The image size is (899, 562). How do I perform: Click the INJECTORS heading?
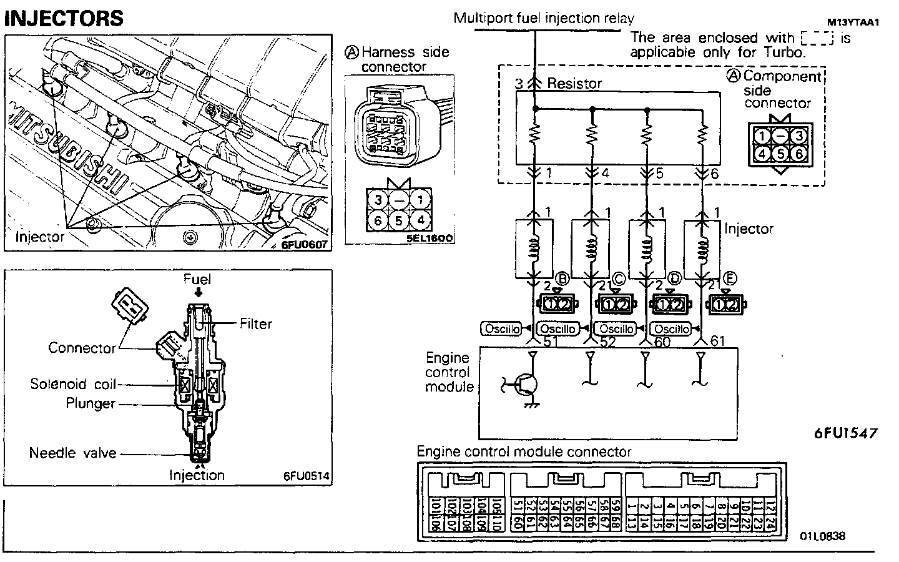[64, 18]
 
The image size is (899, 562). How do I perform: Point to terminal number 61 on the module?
[719, 341]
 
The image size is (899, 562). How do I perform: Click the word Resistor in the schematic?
[574, 83]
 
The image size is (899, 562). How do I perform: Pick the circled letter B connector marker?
[561, 278]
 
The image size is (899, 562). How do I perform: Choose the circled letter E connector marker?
[730, 278]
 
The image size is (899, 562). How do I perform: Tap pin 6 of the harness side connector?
[378, 220]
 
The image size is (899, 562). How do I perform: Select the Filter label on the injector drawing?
[256, 323]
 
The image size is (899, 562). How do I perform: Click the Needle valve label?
[73, 453]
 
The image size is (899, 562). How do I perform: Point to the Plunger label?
[91, 403]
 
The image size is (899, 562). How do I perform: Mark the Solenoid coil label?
[73, 383]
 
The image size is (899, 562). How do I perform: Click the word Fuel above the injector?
[197, 279]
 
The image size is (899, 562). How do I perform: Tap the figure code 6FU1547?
[846, 433]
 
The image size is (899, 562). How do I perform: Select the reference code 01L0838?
[822, 536]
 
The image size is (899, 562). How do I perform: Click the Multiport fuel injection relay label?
[544, 18]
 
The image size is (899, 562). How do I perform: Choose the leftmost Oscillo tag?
[501, 328]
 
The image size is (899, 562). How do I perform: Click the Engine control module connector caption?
[524, 451]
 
